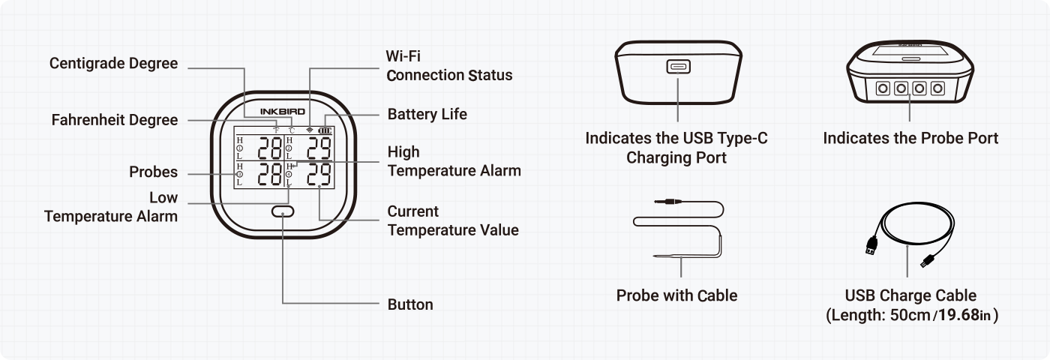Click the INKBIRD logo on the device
click(283, 111)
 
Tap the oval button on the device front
click(283, 212)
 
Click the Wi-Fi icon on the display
click(309, 130)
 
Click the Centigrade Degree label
click(114, 64)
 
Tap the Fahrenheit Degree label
click(115, 120)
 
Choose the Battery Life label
click(427, 114)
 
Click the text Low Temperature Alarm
click(111, 207)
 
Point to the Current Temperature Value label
click(453, 220)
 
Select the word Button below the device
click(410, 304)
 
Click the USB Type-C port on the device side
click(677, 67)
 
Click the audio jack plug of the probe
click(662, 200)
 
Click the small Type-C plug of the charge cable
click(926, 262)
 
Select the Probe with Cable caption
click(676, 295)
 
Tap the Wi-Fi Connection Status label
click(449, 66)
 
